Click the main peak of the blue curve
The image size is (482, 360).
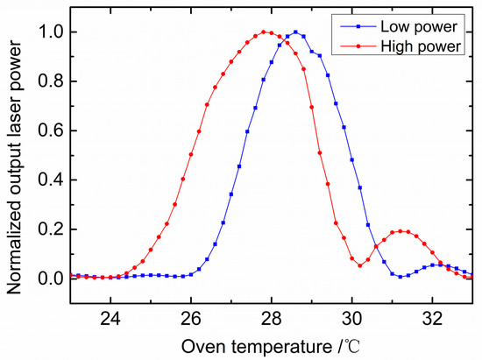pos(296,32)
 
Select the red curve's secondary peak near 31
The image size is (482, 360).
pos(401,231)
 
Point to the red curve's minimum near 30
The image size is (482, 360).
pos(360,265)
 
